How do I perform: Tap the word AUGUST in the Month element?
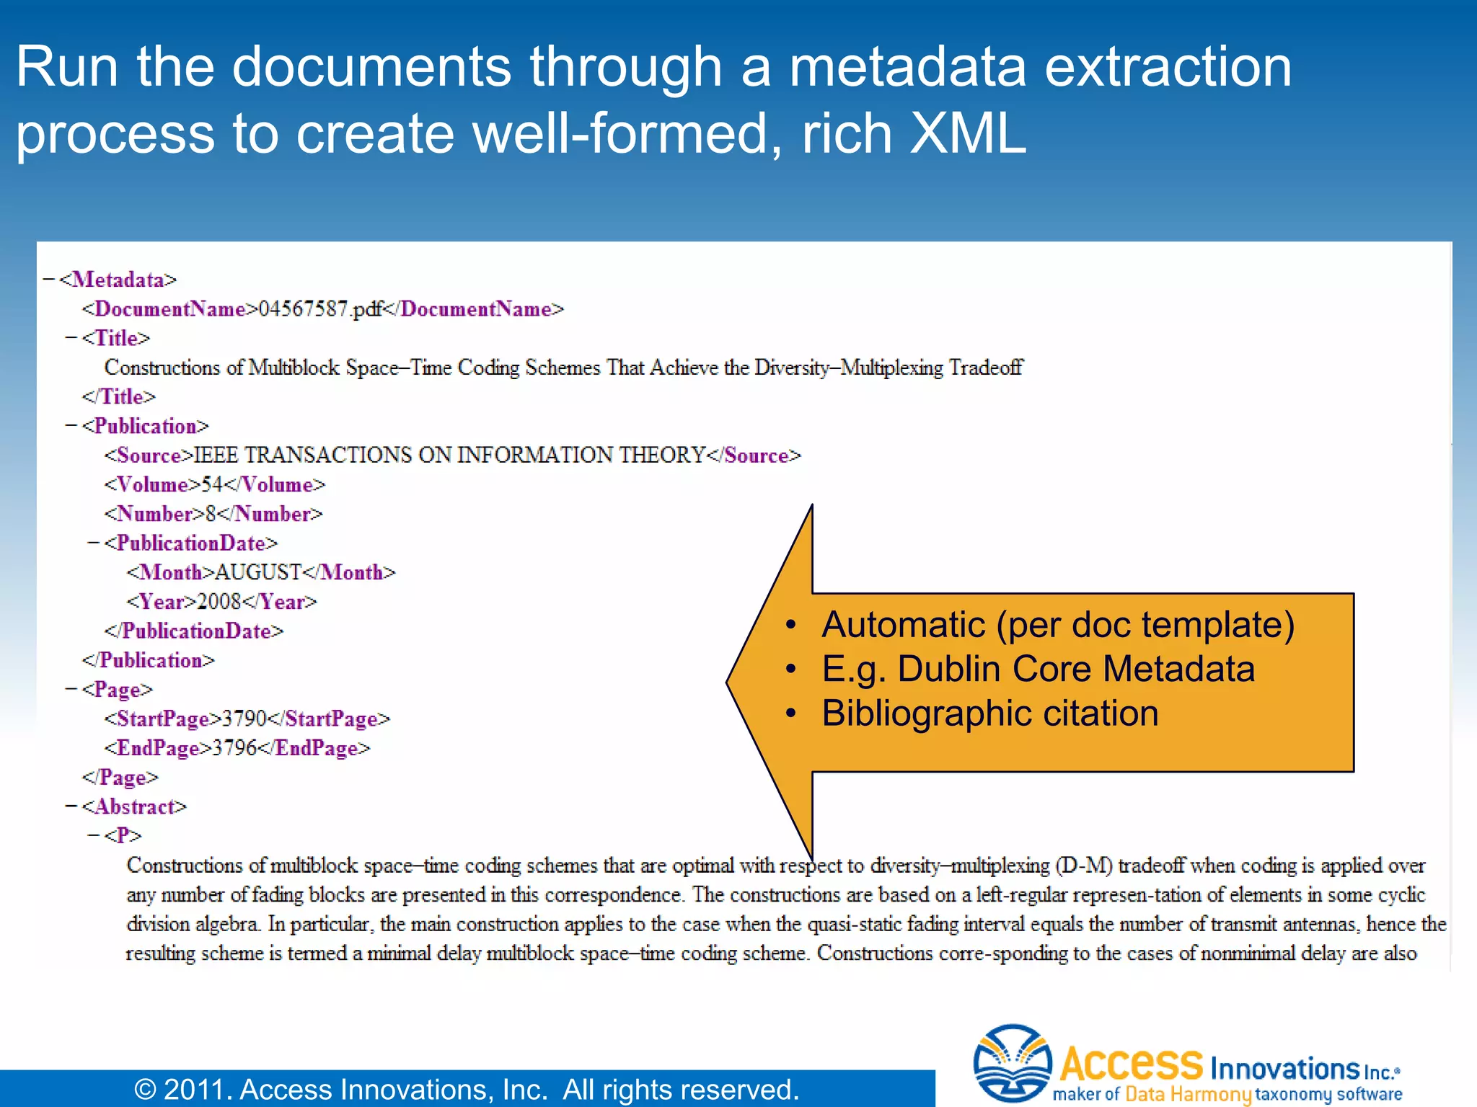pyautogui.click(x=257, y=572)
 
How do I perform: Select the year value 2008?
pyautogui.click(x=219, y=602)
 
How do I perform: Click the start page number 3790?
pyautogui.click(x=244, y=719)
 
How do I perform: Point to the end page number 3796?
pyautogui.click(x=234, y=748)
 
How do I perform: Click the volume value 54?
pyautogui.click(x=211, y=484)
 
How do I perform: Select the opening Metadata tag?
pyautogui.click(x=118, y=280)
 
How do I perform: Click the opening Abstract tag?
pyautogui.click(x=134, y=806)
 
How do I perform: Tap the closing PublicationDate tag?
pyautogui.click(x=194, y=631)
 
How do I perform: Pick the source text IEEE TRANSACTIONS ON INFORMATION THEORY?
pyautogui.click(x=449, y=455)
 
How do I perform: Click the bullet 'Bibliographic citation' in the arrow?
pyautogui.click(x=989, y=713)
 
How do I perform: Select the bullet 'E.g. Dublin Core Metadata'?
pyautogui.click(x=1038, y=669)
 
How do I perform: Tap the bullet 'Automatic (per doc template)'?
pyautogui.click(x=1057, y=624)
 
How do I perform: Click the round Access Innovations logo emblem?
pyautogui.click(x=1012, y=1063)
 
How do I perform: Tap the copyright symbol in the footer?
pyautogui.click(x=145, y=1090)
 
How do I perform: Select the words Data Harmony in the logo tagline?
pyautogui.click(x=1187, y=1094)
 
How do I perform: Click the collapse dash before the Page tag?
pyautogui.click(x=71, y=689)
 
